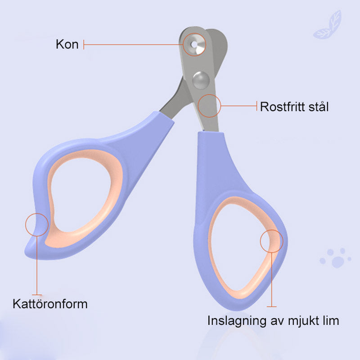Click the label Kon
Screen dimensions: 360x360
coord(67,44)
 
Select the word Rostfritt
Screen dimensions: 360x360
coord(282,107)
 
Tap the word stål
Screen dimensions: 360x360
coord(319,106)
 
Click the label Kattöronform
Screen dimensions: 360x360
coord(50,304)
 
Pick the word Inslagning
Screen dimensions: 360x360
coord(237,321)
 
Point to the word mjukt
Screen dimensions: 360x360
coord(304,321)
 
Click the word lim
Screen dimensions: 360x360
coord(331,320)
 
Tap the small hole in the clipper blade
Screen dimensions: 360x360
coord(194,44)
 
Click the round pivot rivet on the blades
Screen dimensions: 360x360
coord(201,80)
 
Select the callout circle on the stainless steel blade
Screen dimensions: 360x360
coord(209,106)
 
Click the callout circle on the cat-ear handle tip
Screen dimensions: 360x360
coord(37,225)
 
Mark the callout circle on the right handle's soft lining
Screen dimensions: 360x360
coord(272,241)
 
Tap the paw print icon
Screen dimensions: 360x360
coord(335,258)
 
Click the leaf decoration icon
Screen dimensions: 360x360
coord(328,25)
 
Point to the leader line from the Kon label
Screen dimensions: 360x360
coord(133,44)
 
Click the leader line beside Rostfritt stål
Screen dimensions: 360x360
coord(239,106)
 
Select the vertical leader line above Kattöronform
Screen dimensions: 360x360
coord(37,265)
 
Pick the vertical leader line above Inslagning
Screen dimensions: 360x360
coord(272,279)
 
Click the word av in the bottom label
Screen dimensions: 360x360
coord(277,321)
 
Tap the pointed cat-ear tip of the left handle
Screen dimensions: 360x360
coord(25,253)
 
